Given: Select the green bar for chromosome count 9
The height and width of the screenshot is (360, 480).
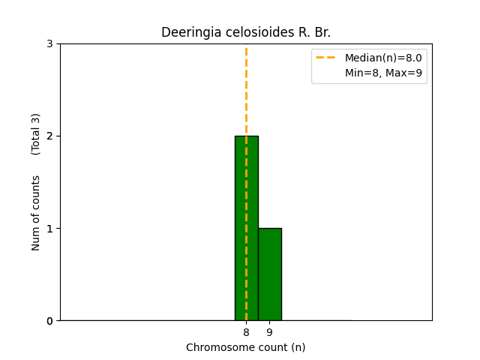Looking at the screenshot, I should (x=269, y=274).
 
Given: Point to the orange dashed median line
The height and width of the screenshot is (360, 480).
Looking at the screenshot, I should (x=246, y=90).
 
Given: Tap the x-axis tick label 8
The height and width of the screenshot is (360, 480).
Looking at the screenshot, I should (x=246, y=332).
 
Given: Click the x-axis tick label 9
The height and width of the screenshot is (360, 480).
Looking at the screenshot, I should (x=269, y=332).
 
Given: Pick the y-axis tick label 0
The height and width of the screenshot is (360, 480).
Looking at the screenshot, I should (x=49, y=321).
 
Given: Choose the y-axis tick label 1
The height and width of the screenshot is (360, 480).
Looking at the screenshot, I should (x=49, y=229).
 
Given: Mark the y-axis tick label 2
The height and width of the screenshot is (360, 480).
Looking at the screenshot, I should (x=49, y=136).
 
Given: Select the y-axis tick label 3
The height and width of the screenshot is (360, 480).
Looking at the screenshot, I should (x=49, y=43).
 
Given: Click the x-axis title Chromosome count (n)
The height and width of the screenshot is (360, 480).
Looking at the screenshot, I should (x=246, y=347).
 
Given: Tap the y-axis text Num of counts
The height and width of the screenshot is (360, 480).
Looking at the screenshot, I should (x=36, y=213).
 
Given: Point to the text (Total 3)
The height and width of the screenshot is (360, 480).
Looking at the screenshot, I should (x=36, y=134).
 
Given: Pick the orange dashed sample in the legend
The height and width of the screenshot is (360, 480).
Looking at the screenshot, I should (x=327, y=58).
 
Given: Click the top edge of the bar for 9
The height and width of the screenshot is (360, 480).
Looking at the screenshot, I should (x=269, y=229).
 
